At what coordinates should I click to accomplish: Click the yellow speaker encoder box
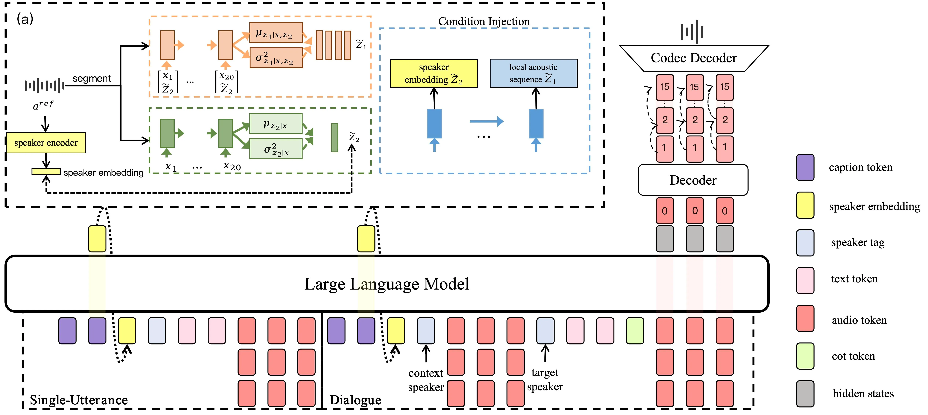coord(46,142)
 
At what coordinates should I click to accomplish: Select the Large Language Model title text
coord(386,284)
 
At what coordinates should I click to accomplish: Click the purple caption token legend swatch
coord(805,167)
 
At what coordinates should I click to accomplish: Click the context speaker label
coord(426,380)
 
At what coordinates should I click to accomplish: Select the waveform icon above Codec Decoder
coord(692,31)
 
